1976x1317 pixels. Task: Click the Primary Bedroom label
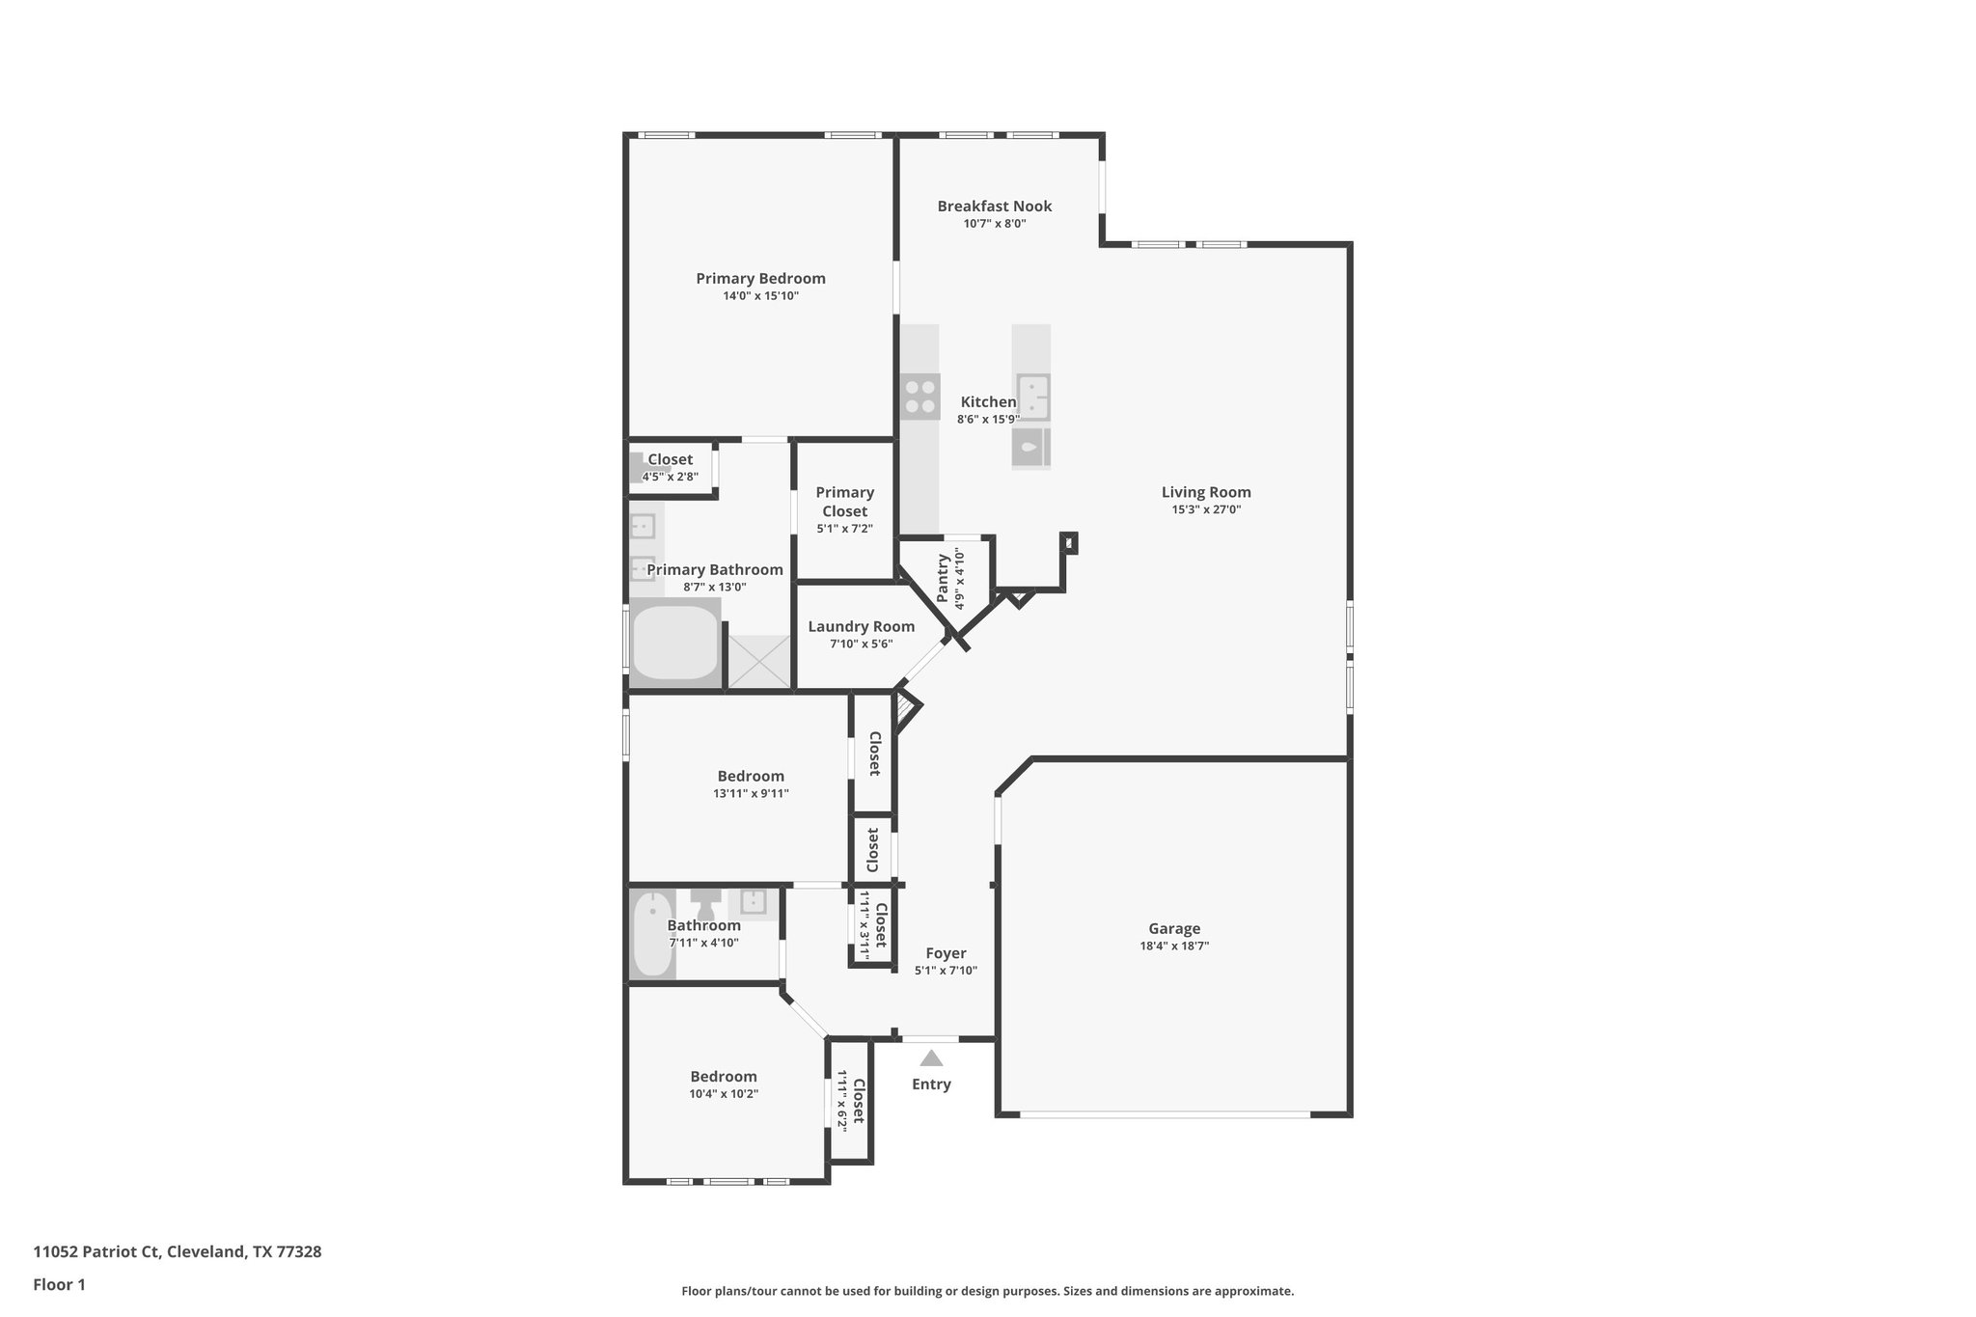(760, 279)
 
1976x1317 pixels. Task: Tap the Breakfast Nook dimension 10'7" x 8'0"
(994, 224)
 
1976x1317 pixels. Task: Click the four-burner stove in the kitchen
(920, 397)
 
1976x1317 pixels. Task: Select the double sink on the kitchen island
(1032, 398)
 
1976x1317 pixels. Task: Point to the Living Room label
(1206, 492)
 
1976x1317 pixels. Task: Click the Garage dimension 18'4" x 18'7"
(1174, 947)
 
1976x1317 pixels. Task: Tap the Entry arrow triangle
(931, 1058)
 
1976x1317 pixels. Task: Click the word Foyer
(946, 953)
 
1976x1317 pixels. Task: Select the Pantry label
(943, 578)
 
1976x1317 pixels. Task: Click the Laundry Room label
(861, 627)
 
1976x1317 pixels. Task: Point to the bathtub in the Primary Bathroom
(674, 643)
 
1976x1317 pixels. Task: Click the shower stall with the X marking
(758, 661)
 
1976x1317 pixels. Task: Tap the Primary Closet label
(844, 502)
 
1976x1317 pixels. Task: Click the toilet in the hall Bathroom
(705, 904)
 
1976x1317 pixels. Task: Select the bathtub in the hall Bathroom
(653, 934)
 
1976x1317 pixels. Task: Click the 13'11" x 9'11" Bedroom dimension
(751, 794)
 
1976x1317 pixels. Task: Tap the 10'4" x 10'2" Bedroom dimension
(724, 1094)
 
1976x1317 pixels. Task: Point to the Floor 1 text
(60, 1284)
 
